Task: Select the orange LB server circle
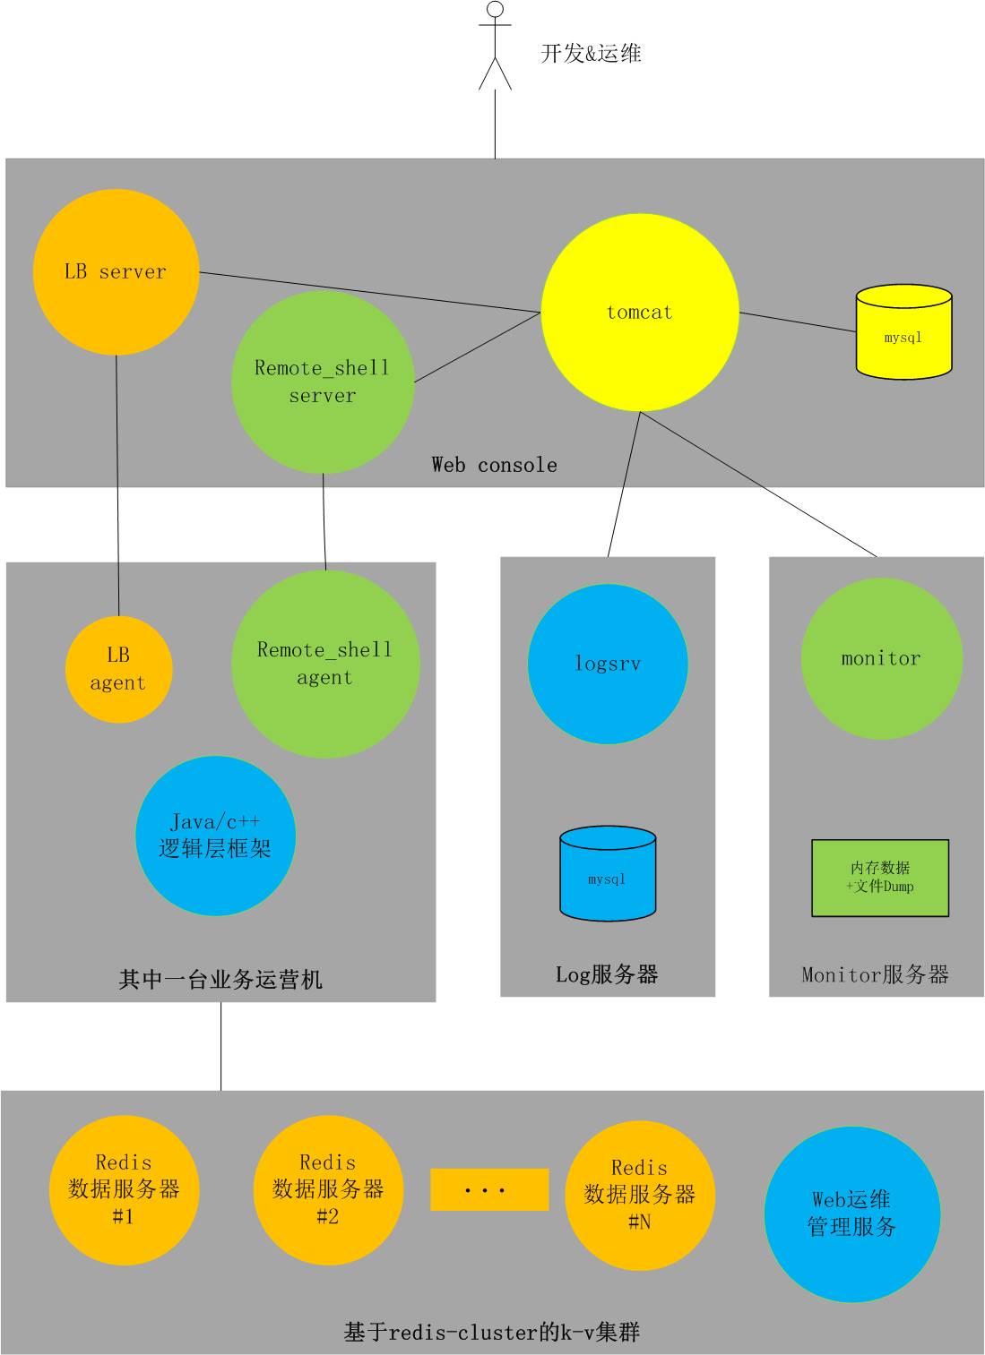[x=116, y=271]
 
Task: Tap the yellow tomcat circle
[x=640, y=313]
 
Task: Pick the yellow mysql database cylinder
[x=903, y=332]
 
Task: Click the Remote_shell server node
[x=323, y=382]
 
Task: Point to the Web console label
[x=494, y=465]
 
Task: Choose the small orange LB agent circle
[x=118, y=669]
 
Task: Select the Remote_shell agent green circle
[x=325, y=664]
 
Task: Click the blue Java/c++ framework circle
[x=215, y=836]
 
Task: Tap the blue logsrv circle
[x=608, y=664]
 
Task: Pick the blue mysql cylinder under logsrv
[x=608, y=874]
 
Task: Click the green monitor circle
[x=881, y=658]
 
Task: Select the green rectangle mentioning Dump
[x=880, y=878]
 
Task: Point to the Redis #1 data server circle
[x=124, y=1189]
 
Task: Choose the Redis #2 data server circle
[x=328, y=1189]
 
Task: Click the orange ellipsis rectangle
[x=489, y=1189]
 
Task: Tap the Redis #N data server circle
[x=640, y=1195]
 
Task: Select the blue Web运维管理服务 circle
[x=851, y=1213]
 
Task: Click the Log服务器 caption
[x=607, y=974]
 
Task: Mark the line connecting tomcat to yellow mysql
[x=798, y=322]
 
